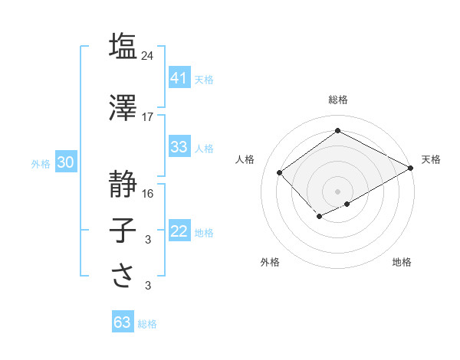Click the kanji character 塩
pyautogui.click(x=123, y=45)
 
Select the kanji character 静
pyautogui.click(x=123, y=184)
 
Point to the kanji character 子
pyautogui.click(x=123, y=231)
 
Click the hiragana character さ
pyautogui.click(x=123, y=277)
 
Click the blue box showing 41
pyautogui.click(x=179, y=78)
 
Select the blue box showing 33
pyautogui.click(x=179, y=147)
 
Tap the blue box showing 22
pyautogui.click(x=179, y=231)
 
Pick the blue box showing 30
pyautogui.click(x=65, y=162)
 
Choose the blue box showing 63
pyautogui.click(x=122, y=322)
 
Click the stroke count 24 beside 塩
pyautogui.click(x=148, y=55)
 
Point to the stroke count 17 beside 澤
pyautogui.click(x=148, y=117)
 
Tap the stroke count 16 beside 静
pyautogui.click(x=148, y=194)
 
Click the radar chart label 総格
pyautogui.click(x=337, y=100)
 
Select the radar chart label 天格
pyautogui.click(x=431, y=159)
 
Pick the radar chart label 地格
pyautogui.click(x=402, y=262)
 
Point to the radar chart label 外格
pyautogui.click(x=270, y=262)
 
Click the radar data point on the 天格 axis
pyautogui.click(x=411, y=168)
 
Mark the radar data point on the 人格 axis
pyautogui.click(x=280, y=172)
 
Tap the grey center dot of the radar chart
pyautogui.click(x=337, y=191)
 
